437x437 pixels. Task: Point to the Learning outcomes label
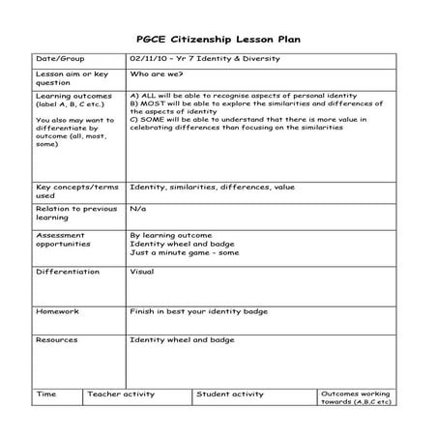[x=73, y=97]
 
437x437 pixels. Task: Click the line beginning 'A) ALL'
[x=243, y=97]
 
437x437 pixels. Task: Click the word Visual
[x=141, y=272]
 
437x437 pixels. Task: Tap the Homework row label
[x=58, y=311]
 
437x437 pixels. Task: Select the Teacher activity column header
[x=121, y=394]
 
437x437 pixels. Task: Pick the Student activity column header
[x=231, y=394]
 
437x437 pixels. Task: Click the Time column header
[x=46, y=394]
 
